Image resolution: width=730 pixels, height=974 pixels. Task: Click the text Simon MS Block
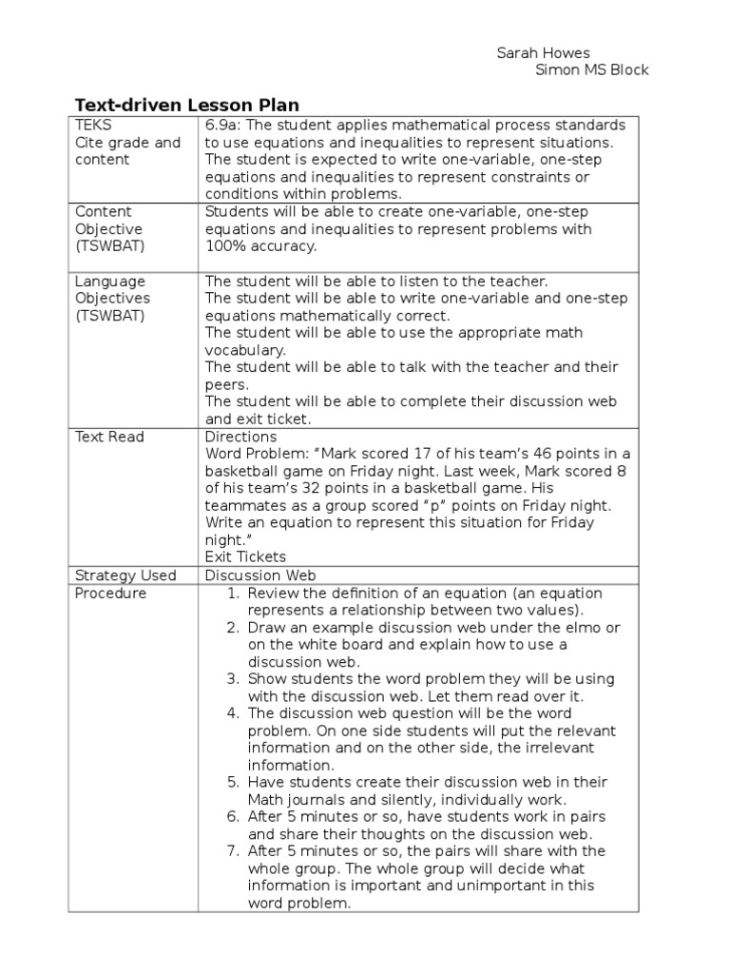click(592, 70)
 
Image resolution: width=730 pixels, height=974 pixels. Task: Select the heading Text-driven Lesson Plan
click(187, 105)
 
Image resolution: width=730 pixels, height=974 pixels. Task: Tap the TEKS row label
click(92, 126)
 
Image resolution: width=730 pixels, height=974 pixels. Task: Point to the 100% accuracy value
click(260, 246)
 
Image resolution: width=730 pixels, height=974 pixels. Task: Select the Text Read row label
click(109, 437)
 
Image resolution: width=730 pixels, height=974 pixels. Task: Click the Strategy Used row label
click(125, 575)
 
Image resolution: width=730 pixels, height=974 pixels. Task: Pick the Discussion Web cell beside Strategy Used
click(256, 575)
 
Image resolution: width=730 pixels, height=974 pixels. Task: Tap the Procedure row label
click(111, 593)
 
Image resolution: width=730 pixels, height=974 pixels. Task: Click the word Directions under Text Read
click(240, 437)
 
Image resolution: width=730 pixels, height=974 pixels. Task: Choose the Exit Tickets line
click(245, 557)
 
